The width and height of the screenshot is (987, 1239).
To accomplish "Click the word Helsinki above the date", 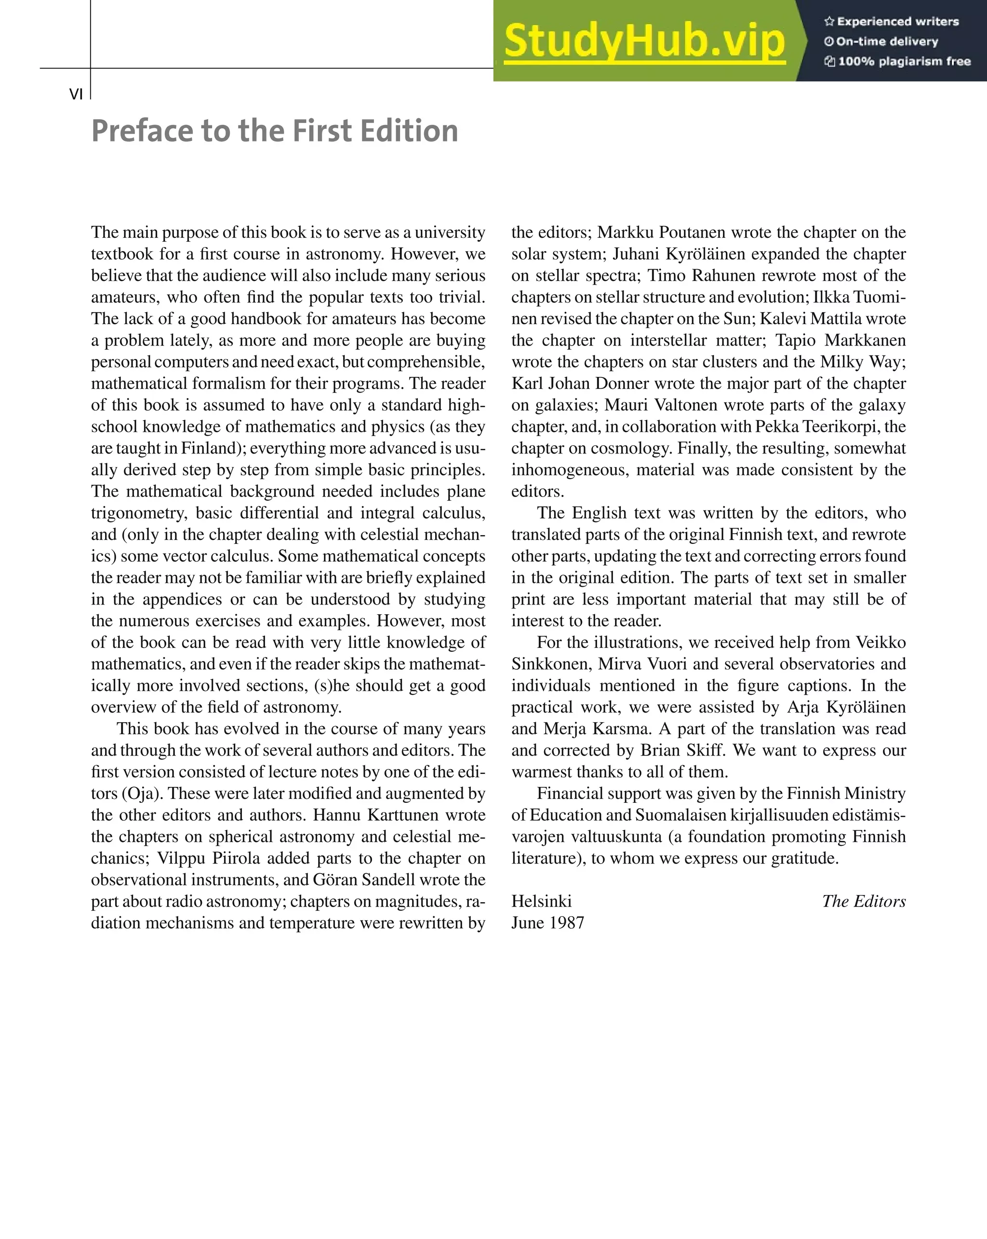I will (x=541, y=901).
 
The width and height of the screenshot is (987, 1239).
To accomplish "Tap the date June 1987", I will (x=548, y=923).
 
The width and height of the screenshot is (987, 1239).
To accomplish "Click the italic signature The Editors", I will (x=864, y=901).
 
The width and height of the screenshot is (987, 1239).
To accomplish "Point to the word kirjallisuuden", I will (x=779, y=815).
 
